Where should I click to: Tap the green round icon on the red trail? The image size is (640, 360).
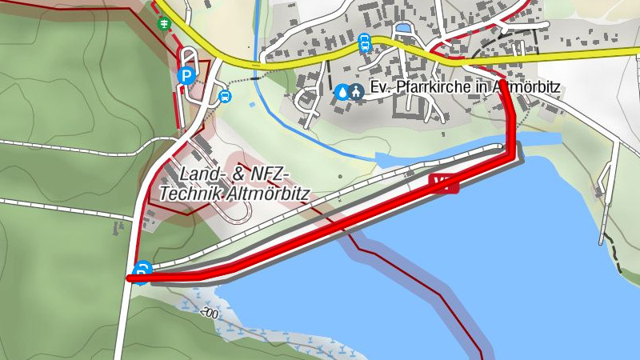click(164, 23)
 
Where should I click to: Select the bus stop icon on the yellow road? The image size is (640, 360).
click(365, 42)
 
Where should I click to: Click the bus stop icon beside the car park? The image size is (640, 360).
click(226, 98)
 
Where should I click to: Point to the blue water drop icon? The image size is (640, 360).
click(342, 91)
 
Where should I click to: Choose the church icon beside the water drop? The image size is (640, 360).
click(357, 91)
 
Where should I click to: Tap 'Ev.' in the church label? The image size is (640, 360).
click(380, 87)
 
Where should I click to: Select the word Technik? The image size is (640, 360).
click(191, 193)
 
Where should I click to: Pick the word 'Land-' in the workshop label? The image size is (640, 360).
click(200, 174)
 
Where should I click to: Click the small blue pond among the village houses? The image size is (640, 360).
click(402, 29)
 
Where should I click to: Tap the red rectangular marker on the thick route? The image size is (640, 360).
click(443, 183)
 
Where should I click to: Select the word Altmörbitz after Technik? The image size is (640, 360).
click(270, 193)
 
